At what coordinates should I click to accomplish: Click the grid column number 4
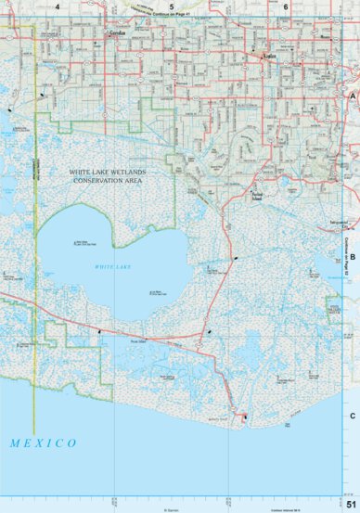(x=58, y=6)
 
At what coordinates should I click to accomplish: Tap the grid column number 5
(x=172, y=6)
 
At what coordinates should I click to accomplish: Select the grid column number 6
(x=286, y=6)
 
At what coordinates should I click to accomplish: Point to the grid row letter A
(x=353, y=96)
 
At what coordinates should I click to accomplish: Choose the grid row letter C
(x=353, y=416)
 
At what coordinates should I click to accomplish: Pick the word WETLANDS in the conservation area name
(x=138, y=173)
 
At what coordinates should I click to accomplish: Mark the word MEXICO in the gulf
(x=44, y=443)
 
